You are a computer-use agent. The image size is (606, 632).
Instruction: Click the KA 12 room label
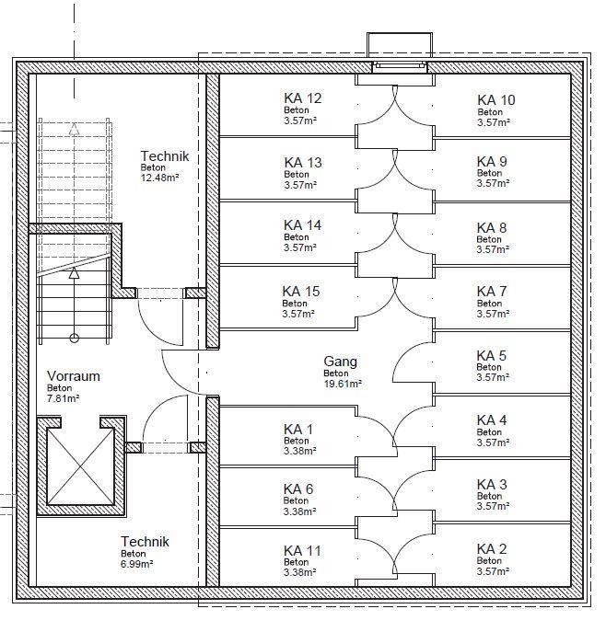click(x=303, y=98)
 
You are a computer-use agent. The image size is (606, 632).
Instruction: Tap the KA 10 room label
click(x=496, y=100)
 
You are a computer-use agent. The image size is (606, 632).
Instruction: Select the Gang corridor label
click(x=340, y=362)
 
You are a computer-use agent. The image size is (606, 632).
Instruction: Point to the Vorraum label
click(x=74, y=376)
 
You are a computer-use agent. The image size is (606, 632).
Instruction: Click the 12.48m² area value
click(x=159, y=178)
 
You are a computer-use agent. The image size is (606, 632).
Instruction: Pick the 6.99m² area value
click(x=137, y=564)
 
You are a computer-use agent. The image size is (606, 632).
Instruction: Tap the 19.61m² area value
click(x=343, y=384)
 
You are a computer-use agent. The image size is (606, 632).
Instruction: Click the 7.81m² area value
click(x=63, y=398)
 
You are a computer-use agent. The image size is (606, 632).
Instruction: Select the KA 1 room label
click(x=298, y=430)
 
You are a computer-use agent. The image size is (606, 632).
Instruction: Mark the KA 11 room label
click(x=302, y=550)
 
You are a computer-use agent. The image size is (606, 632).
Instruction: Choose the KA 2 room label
click(x=492, y=548)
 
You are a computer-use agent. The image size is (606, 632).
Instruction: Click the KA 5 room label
click(x=492, y=355)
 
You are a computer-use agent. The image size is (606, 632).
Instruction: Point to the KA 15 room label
click(x=301, y=291)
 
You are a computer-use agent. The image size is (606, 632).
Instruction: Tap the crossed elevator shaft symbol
click(x=81, y=466)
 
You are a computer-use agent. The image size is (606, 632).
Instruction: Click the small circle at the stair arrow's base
click(x=74, y=338)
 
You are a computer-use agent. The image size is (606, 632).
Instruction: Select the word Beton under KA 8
click(x=489, y=239)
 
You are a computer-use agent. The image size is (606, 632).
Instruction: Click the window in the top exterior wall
click(x=400, y=67)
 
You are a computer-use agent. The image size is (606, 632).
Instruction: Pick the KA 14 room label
click(x=303, y=224)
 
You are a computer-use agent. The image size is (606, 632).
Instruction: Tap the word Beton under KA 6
click(x=296, y=500)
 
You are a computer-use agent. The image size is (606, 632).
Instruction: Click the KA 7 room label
click(x=492, y=291)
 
